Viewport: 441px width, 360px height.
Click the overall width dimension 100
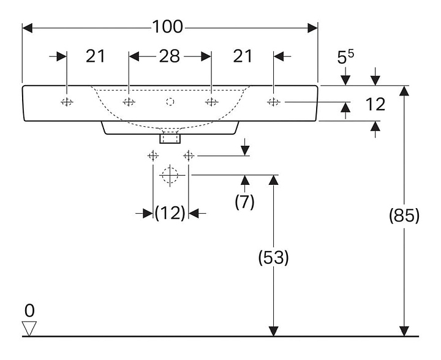click(x=168, y=27)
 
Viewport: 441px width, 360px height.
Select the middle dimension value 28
click(x=170, y=56)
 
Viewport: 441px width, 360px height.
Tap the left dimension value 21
click(x=95, y=56)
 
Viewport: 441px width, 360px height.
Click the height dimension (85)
click(x=404, y=216)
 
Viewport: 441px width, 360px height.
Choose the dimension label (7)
click(x=244, y=202)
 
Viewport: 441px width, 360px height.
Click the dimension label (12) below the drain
click(x=170, y=213)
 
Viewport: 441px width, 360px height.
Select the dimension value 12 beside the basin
click(x=375, y=105)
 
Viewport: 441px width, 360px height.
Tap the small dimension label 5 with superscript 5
click(x=345, y=58)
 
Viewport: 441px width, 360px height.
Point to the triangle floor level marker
click(x=29, y=328)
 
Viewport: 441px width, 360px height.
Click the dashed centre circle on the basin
click(x=170, y=102)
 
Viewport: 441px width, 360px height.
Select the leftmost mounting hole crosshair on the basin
click(x=67, y=102)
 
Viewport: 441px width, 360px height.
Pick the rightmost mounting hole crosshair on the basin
click(x=273, y=102)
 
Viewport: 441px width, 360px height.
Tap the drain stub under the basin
click(x=170, y=138)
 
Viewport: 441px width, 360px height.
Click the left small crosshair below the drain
click(x=153, y=156)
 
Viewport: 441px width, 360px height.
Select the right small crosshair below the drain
click(x=189, y=156)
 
